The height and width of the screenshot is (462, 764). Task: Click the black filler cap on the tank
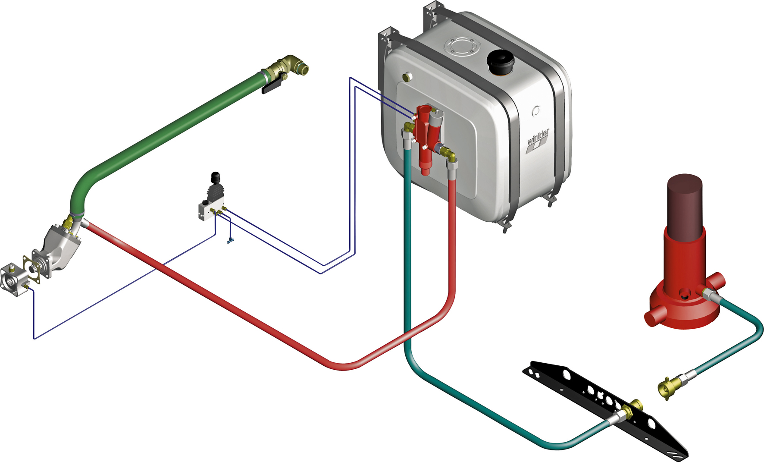coord(499,61)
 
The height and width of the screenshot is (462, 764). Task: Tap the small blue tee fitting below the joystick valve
coord(230,240)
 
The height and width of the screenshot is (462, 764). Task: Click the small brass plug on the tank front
coord(407,77)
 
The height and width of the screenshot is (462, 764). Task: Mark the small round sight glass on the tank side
coord(536,111)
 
